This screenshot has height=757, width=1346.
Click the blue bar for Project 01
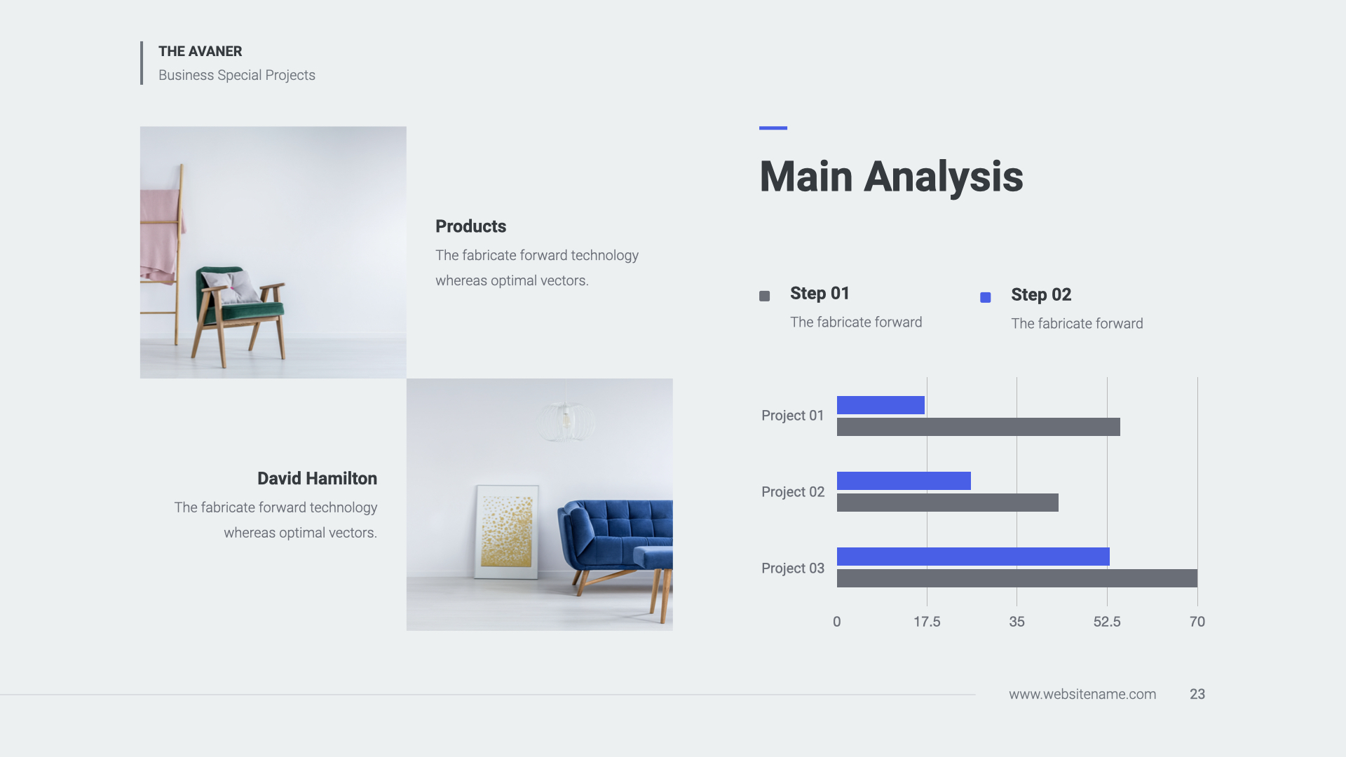click(x=881, y=405)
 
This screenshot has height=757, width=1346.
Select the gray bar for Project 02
click(x=948, y=503)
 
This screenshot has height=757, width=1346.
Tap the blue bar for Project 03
click(x=973, y=557)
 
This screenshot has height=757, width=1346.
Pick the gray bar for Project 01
click(x=979, y=427)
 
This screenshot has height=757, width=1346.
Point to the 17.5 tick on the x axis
click(x=927, y=622)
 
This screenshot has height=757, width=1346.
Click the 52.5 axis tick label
click(x=1107, y=622)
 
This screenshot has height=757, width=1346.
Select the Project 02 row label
click(x=793, y=492)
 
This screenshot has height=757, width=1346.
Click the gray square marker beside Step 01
click(x=765, y=296)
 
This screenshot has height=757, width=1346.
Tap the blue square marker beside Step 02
click(x=986, y=298)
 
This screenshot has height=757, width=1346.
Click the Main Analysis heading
click(x=891, y=177)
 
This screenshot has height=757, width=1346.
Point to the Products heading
click(x=470, y=226)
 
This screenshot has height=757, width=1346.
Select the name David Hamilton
click(x=317, y=479)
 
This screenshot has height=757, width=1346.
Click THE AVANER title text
click(x=200, y=51)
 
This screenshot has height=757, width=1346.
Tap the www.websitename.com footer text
click(x=1082, y=694)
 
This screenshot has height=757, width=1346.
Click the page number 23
click(x=1197, y=694)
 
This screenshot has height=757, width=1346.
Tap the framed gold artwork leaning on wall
click(x=507, y=532)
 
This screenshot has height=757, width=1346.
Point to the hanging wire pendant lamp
click(x=566, y=420)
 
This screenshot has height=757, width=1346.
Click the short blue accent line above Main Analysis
click(x=773, y=128)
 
